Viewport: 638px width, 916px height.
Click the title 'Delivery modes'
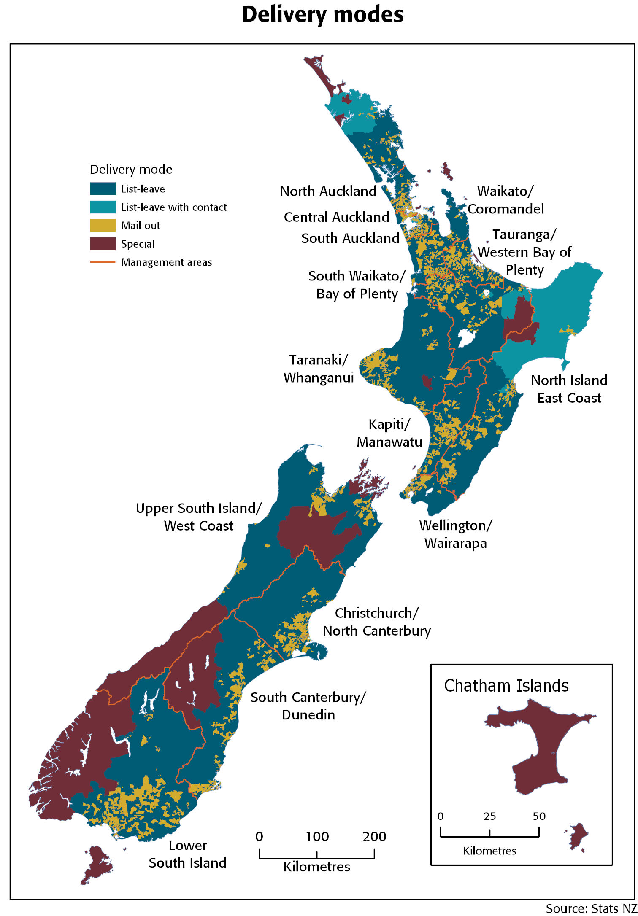pos(323,15)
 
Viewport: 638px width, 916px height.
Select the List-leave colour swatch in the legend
pos(103,189)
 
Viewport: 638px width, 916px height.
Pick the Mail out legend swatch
pos(103,225)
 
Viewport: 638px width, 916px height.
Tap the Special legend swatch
pos(103,244)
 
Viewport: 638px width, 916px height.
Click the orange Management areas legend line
pos(103,262)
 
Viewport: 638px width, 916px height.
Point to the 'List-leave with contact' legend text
pos(173,207)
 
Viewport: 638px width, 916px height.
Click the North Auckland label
pos(328,191)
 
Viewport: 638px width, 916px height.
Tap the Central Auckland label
pos(336,217)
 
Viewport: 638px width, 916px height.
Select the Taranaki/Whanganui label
pos(319,369)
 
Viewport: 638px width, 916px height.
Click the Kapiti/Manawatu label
pos(389,433)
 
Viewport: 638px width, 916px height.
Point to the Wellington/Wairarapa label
pos(455,534)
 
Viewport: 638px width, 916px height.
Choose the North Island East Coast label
pos(569,389)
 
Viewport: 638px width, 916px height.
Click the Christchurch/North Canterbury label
pos(376,622)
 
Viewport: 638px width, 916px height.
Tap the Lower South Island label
pos(187,854)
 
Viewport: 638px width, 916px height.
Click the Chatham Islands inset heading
pos(506,686)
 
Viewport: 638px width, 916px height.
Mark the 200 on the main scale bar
pos(374,836)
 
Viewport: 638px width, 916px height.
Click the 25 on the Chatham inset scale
pos(489,816)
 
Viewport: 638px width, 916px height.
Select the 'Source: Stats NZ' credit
pos(591,908)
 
